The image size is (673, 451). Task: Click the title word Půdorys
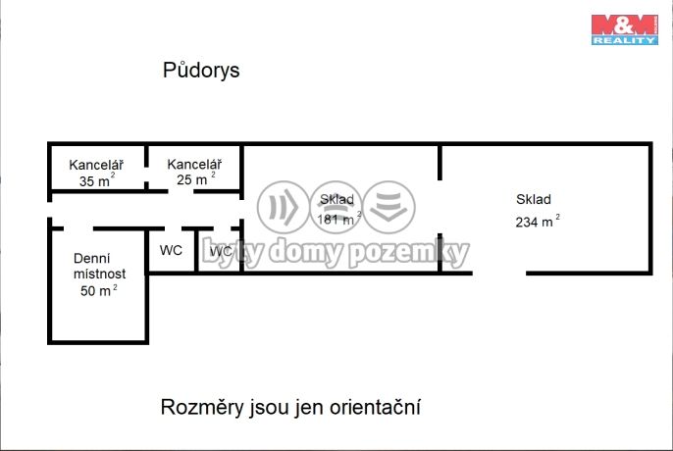(x=200, y=71)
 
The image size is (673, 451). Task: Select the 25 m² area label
(x=192, y=179)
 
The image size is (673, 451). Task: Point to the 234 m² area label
(x=537, y=222)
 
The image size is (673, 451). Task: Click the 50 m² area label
(x=97, y=291)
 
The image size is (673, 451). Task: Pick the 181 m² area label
(x=338, y=219)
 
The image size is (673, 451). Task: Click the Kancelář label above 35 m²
(x=95, y=164)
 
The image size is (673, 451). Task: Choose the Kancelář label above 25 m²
(x=193, y=164)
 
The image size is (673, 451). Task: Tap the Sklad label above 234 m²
(x=534, y=199)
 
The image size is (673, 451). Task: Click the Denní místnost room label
(x=98, y=267)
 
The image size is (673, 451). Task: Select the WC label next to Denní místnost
(x=171, y=251)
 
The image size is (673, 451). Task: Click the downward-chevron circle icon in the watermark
(x=389, y=207)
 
